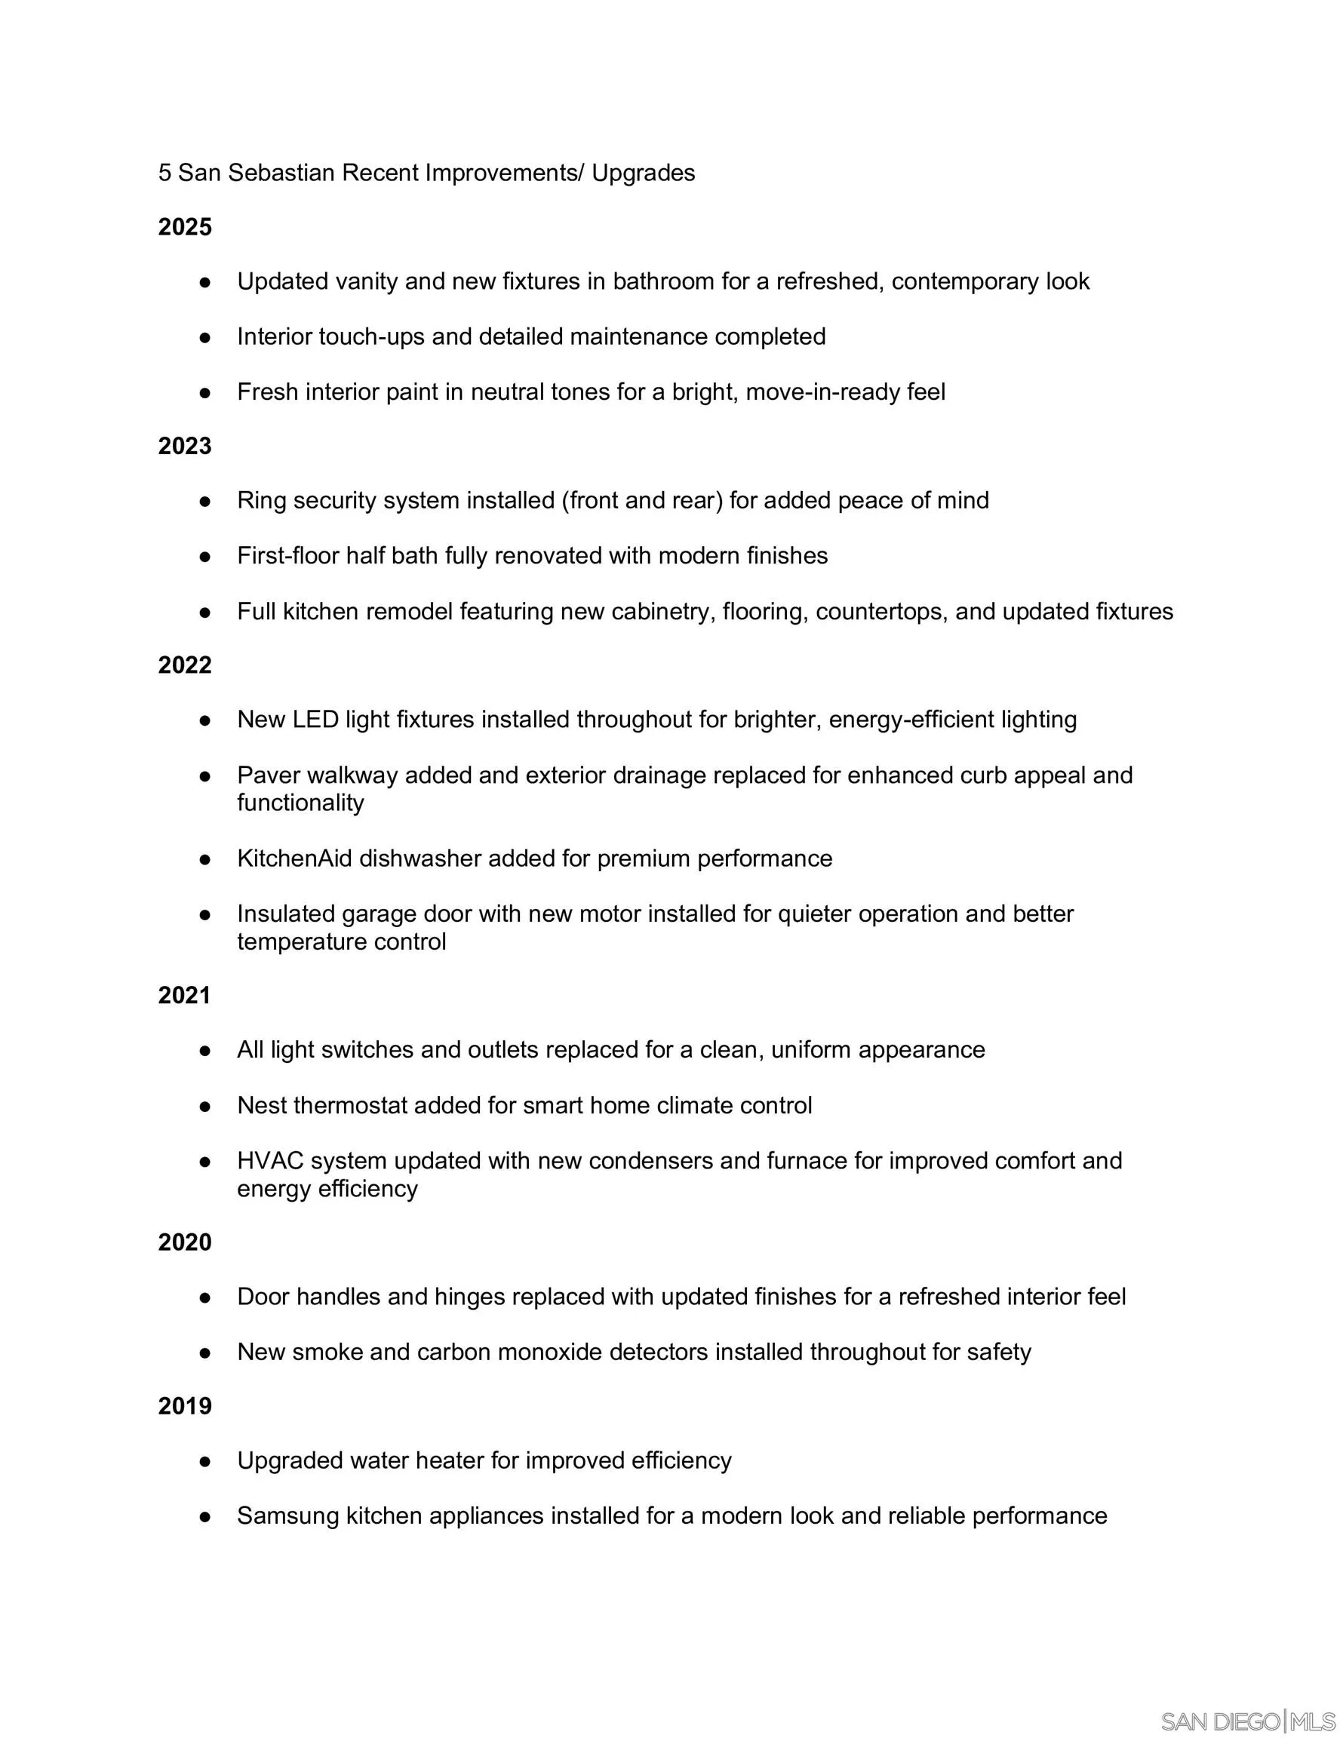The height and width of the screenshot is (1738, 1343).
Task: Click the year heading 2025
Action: [x=185, y=228]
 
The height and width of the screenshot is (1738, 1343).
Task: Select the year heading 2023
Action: [x=185, y=447]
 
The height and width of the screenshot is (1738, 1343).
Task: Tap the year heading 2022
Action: [x=185, y=665]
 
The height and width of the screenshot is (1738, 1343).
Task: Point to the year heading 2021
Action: [x=184, y=996]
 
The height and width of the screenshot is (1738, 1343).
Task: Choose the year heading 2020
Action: [x=185, y=1242]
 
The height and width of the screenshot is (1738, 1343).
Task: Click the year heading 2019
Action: [x=185, y=1406]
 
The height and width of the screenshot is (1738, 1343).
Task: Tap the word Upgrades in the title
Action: [x=644, y=173]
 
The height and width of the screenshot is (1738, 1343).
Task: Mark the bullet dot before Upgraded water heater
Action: [x=205, y=1462]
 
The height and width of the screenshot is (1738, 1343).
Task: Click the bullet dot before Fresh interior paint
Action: [x=205, y=393]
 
